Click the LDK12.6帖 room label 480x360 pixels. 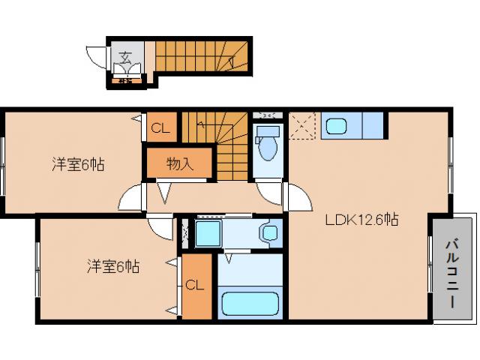[x=361, y=220]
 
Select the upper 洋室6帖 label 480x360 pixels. [x=77, y=164]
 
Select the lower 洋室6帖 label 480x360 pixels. [x=112, y=265]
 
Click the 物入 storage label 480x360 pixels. [x=180, y=163]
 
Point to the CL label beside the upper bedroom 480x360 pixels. [x=160, y=127]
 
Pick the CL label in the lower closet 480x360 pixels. [x=194, y=285]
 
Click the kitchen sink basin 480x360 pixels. [x=335, y=126]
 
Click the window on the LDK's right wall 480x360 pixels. [x=451, y=159]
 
